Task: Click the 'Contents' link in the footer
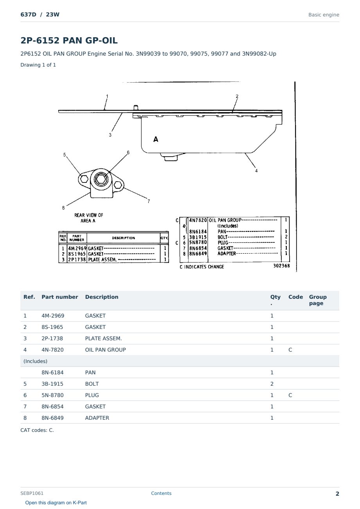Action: click(x=161, y=493)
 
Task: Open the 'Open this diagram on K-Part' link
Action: click(x=56, y=502)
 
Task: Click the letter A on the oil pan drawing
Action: click(x=156, y=139)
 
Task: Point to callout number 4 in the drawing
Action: click(x=256, y=171)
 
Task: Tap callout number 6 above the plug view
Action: click(x=128, y=152)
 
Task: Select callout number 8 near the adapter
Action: click(x=63, y=208)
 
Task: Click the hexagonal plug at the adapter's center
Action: click(x=101, y=179)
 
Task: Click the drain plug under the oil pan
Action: click(x=171, y=157)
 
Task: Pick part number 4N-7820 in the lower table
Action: click(x=52, y=350)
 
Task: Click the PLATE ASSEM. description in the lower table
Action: click(x=103, y=338)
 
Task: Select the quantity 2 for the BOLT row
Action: click(x=272, y=384)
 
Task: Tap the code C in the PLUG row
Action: click(x=290, y=395)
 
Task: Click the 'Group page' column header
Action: click(x=318, y=300)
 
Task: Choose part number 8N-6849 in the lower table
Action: click(x=52, y=418)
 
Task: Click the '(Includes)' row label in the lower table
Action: click(x=35, y=361)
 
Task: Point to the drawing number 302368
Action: click(x=281, y=265)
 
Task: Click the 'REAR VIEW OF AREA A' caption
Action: click(x=88, y=218)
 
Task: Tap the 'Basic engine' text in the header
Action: click(x=324, y=15)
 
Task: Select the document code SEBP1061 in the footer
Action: click(x=32, y=493)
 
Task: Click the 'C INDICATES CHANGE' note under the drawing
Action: click(x=202, y=267)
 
